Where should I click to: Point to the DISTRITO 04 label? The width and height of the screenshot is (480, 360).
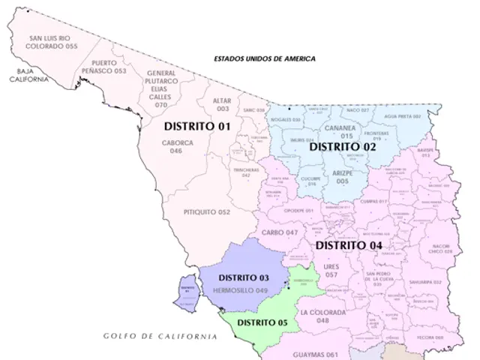point(349,245)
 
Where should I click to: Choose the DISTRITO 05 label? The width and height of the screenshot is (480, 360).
point(261,322)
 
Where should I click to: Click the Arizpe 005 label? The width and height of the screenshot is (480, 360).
point(341,177)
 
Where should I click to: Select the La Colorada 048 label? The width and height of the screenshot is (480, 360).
point(323,316)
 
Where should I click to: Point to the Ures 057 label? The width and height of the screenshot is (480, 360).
point(331,270)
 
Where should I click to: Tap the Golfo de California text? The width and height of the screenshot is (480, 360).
point(160,337)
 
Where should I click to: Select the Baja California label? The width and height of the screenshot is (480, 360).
point(28,75)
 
